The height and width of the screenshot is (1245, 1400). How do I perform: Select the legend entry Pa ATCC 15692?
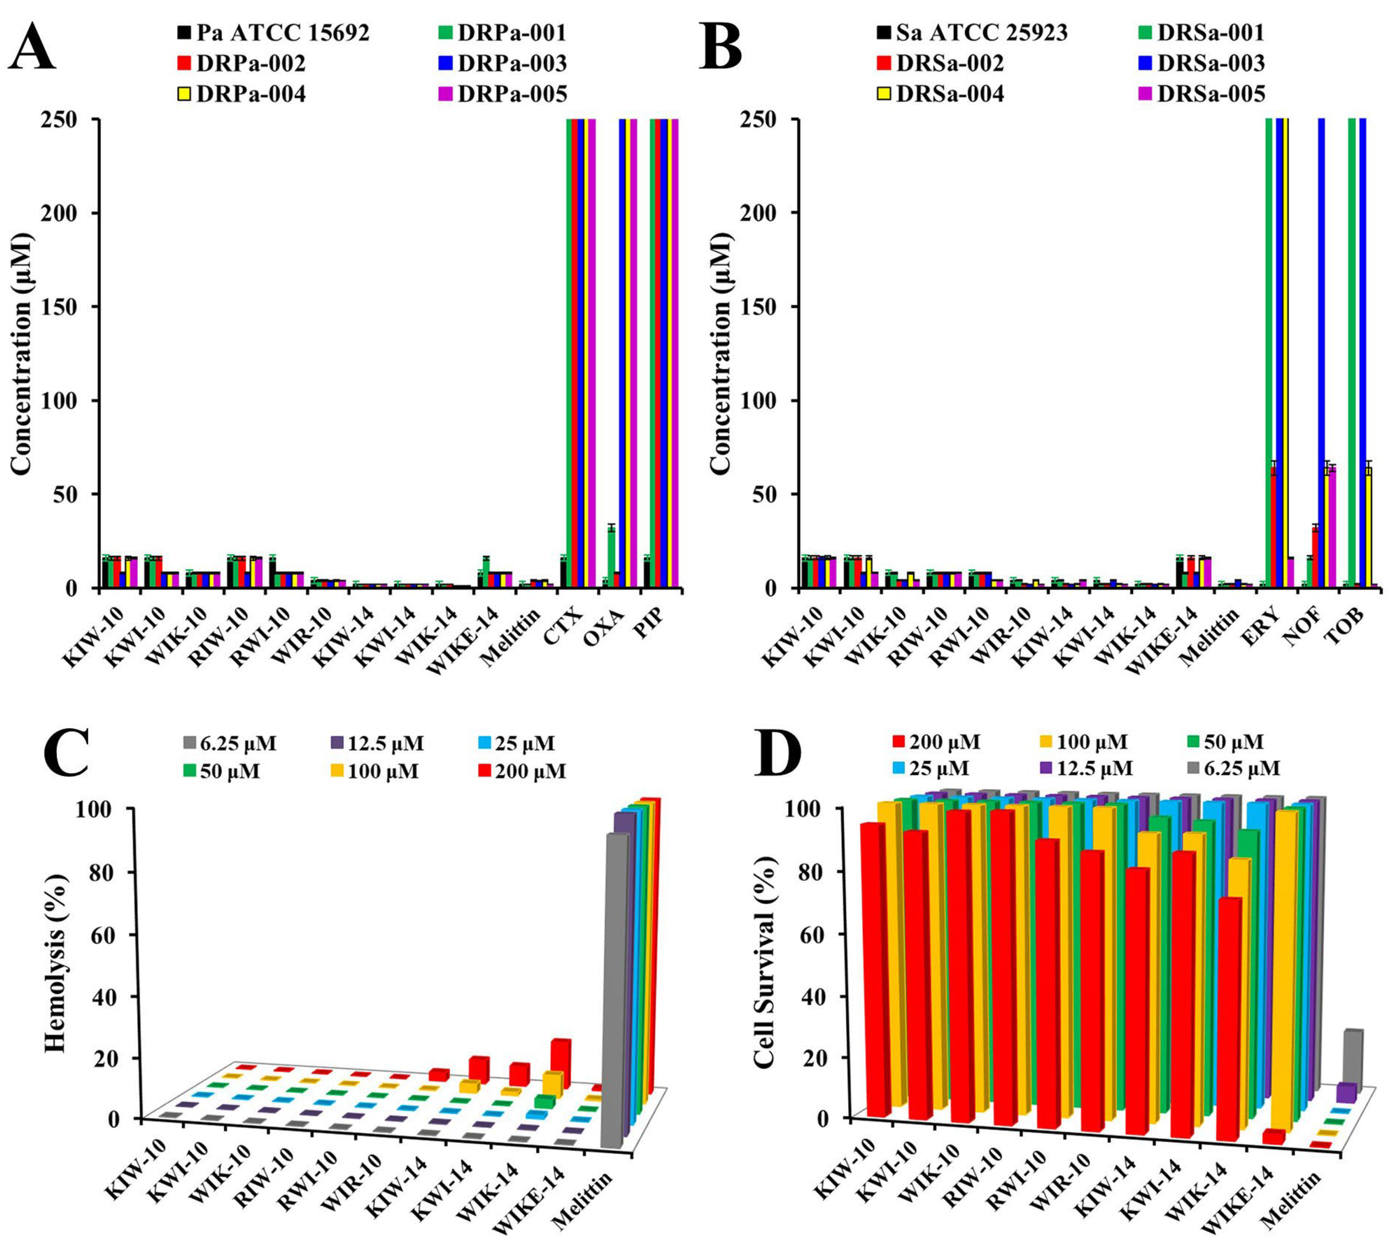274,33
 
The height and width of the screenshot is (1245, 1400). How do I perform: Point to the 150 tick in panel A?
71,306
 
